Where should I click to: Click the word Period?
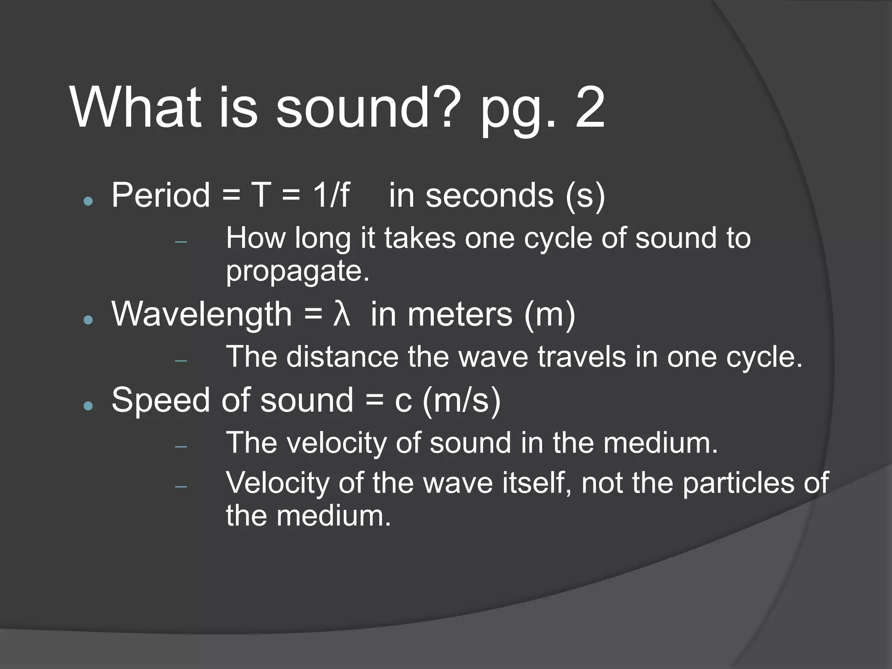[161, 195]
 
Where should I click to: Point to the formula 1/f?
[331, 195]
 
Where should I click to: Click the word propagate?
[297, 272]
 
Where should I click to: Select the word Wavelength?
[202, 314]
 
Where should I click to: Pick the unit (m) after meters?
[550, 314]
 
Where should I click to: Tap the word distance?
[342, 357]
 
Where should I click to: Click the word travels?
[582, 357]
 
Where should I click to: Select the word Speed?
[161, 401]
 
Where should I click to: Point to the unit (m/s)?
[462, 401]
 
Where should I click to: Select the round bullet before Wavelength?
[88, 320]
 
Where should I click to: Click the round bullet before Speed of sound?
[88, 406]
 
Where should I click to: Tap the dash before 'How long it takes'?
[181, 242]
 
